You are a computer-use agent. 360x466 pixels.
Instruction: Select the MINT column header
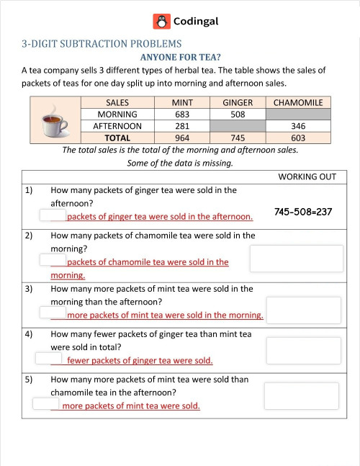point(182,102)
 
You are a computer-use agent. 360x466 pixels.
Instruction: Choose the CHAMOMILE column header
point(298,102)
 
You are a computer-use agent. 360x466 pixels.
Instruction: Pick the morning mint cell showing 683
point(182,114)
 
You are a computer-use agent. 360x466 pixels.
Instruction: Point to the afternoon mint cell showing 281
point(182,125)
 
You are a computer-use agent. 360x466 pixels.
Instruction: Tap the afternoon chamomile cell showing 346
point(298,125)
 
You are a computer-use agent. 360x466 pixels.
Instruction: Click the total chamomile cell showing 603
point(298,138)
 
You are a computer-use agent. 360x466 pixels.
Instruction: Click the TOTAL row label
point(117,138)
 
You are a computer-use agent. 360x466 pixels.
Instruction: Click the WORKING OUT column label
point(312,176)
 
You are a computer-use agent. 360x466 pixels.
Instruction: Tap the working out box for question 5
point(301,395)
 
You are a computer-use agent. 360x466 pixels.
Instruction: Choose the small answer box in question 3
point(53,313)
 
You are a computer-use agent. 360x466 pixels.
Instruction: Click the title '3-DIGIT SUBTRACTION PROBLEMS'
point(102,43)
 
